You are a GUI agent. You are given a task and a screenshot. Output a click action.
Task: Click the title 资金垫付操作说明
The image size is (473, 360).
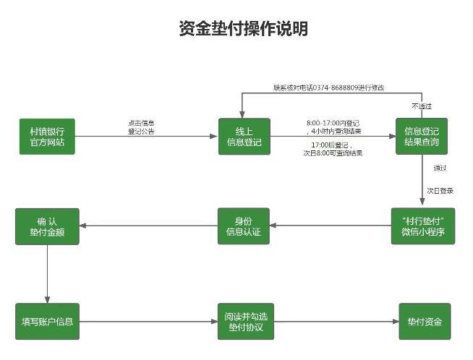(x=243, y=28)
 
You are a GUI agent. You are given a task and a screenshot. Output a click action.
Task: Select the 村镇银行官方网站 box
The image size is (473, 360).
(x=47, y=137)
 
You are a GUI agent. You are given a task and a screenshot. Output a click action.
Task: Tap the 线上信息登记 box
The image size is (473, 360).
(x=244, y=137)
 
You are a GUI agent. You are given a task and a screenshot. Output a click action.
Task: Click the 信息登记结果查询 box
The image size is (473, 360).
(x=422, y=137)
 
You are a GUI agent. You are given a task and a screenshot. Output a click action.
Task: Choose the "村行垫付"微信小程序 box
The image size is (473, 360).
(x=422, y=226)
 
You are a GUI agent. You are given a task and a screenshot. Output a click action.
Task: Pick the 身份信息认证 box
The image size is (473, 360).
(x=244, y=226)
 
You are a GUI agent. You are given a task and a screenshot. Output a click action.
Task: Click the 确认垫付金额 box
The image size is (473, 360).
(x=47, y=226)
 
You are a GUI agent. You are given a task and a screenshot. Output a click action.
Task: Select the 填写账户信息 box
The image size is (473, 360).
(x=47, y=321)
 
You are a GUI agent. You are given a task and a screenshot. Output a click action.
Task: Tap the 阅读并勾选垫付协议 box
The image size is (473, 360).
(x=244, y=321)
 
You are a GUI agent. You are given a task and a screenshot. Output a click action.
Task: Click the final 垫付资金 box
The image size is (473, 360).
(x=424, y=321)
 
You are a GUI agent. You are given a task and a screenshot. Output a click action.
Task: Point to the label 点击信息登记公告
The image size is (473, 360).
(x=141, y=127)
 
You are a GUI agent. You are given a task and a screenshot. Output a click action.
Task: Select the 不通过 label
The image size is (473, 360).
(x=422, y=106)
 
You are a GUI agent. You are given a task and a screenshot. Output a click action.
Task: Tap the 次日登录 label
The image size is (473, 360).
(x=440, y=191)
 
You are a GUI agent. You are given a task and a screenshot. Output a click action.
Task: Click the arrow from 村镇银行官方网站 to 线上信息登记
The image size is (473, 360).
(x=145, y=137)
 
